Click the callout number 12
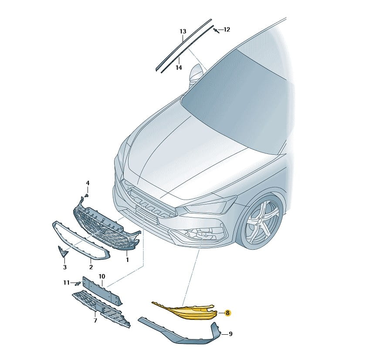(x=227, y=30)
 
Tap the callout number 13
(x=183, y=31)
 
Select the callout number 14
(x=179, y=68)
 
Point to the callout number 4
(x=88, y=183)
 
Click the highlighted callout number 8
(x=227, y=312)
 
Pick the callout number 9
(x=230, y=334)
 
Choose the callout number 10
(x=102, y=276)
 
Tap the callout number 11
(x=66, y=283)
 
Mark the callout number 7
(x=95, y=320)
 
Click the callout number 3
(x=65, y=267)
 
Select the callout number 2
(x=91, y=267)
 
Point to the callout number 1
(x=127, y=260)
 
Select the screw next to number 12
(x=216, y=31)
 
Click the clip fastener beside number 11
(x=78, y=283)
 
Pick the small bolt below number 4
(x=86, y=196)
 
